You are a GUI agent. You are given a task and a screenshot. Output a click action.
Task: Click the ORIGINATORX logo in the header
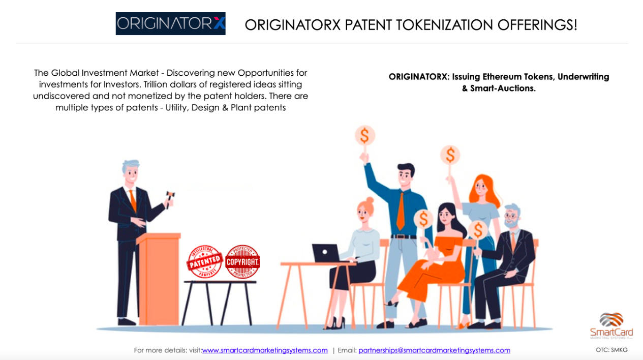170,23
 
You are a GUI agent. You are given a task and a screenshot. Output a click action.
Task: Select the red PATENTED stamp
205,261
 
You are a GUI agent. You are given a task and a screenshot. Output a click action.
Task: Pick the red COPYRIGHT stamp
242,261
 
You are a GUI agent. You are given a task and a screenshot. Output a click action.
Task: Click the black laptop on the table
326,253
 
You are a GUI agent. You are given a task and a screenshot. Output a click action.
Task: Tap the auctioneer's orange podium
159,279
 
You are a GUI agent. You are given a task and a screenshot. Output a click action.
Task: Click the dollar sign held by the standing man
364,135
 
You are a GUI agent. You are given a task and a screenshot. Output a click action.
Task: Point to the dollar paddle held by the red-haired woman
450,155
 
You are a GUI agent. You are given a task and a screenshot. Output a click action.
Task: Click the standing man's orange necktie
401,212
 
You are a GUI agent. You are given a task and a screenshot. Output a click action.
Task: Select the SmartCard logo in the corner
611,326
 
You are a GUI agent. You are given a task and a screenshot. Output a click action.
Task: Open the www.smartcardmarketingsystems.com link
265,350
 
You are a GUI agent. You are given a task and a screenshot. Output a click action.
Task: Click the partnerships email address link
434,350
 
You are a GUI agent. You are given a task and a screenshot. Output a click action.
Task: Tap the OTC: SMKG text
611,350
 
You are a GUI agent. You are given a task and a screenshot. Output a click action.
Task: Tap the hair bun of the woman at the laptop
370,200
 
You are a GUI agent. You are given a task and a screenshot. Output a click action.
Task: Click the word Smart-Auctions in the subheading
503,88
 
